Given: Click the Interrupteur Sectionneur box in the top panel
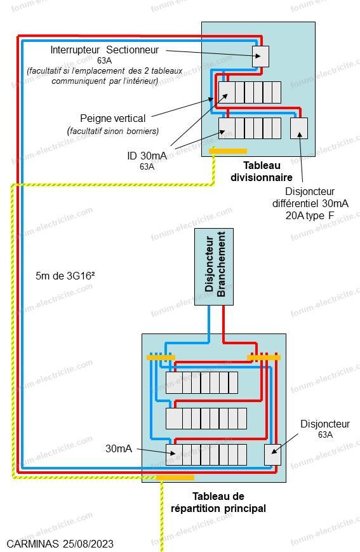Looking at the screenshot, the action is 260,57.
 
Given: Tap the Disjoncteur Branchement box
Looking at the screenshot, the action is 214,267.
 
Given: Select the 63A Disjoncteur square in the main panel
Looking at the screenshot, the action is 273,455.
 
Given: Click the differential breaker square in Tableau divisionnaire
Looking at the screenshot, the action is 299,128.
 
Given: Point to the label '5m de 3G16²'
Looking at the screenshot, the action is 65,276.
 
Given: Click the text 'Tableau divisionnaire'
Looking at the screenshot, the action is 262,171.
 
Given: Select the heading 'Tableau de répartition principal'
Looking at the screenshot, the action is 218,502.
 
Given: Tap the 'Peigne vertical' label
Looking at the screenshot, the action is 112,118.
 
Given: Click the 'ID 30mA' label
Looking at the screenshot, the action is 147,155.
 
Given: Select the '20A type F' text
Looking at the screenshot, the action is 310,215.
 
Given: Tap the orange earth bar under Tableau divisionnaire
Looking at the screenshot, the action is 228,151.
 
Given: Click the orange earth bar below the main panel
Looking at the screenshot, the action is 175,478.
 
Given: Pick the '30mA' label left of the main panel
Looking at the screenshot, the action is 119,448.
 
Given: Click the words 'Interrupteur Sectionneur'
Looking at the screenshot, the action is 105,50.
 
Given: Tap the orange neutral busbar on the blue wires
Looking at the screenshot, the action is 161,358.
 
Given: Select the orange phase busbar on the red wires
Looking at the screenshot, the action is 264,358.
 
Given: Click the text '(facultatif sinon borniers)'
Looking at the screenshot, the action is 112,131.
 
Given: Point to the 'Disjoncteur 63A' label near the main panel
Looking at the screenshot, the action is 325,428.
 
